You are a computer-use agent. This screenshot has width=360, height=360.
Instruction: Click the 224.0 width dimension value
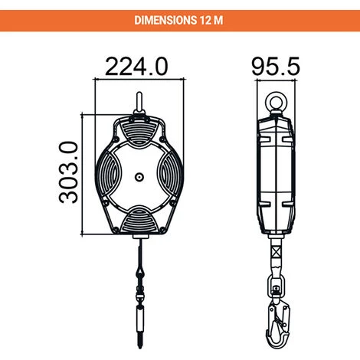tap(136, 67)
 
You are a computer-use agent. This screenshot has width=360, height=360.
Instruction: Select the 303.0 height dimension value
tap(68, 172)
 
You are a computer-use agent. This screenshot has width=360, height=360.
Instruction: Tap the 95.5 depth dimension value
tap(276, 67)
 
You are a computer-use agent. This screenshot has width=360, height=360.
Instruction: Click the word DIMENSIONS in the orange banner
tap(165, 21)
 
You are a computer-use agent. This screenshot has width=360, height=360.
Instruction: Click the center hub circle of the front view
tap(139, 177)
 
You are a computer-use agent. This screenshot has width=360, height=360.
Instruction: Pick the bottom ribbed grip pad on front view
tap(139, 219)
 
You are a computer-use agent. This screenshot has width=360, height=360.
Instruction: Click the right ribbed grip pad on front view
tap(170, 175)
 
